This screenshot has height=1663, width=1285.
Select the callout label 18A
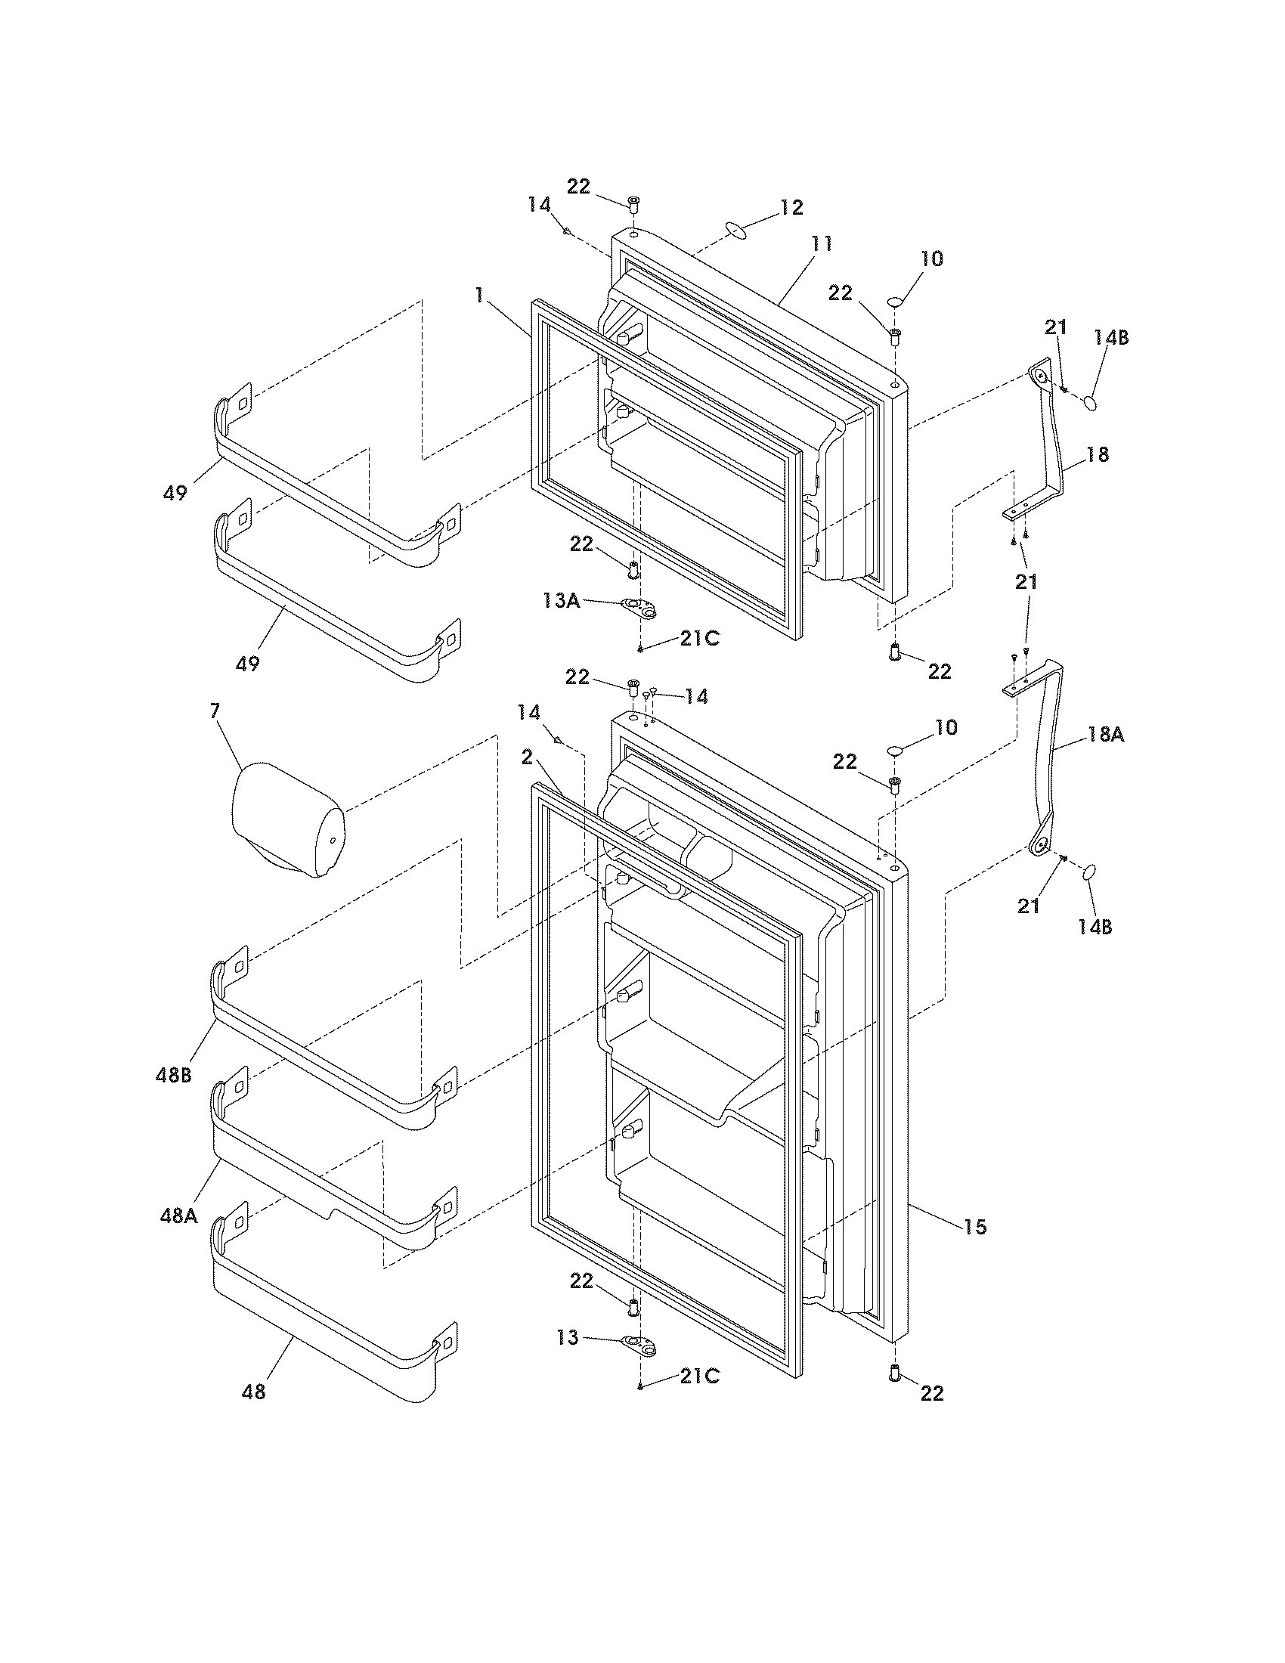pos(1106,735)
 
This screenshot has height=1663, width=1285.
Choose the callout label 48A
pos(178,1216)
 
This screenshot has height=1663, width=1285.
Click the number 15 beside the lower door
pos(974,1227)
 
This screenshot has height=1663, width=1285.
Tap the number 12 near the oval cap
pos(791,207)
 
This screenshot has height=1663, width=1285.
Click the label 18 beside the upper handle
pos(1098,454)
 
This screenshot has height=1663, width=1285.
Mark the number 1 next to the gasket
pos(478,295)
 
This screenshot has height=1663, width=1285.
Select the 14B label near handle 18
pos(1111,337)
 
